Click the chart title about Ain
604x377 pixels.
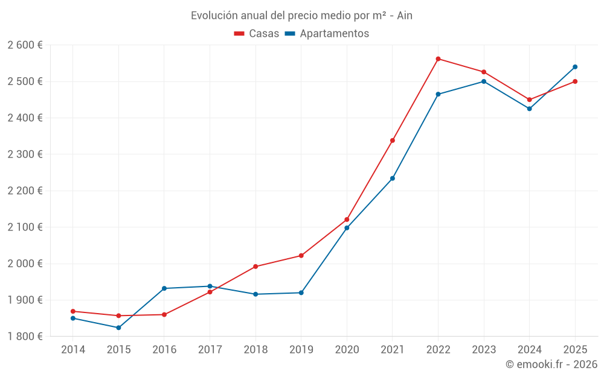tap(301, 15)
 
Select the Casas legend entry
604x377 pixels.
tap(257, 34)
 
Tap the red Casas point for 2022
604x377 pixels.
tap(438, 59)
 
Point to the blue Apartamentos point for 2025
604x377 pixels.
tap(575, 67)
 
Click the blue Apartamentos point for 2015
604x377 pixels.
tap(118, 328)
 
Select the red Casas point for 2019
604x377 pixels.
tap(301, 256)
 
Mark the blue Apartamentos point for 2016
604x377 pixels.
tap(164, 288)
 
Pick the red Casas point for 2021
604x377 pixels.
tap(393, 141)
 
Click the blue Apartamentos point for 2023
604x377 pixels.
tap(484, 81)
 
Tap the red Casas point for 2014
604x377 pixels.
tap(73, 311)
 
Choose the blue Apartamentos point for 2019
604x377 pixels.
tap(301, 293)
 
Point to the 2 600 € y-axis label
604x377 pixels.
tap(25, 45)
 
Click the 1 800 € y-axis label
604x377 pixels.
tap(25, 337)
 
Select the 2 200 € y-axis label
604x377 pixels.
tap(25, 191)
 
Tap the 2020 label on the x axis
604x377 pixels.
tap(347, 350)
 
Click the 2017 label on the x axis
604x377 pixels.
tap(210, 350)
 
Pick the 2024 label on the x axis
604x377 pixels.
tap(529, 350)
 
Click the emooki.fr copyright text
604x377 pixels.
tap(551, 364)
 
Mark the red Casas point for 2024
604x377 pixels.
tap(529, 100)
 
